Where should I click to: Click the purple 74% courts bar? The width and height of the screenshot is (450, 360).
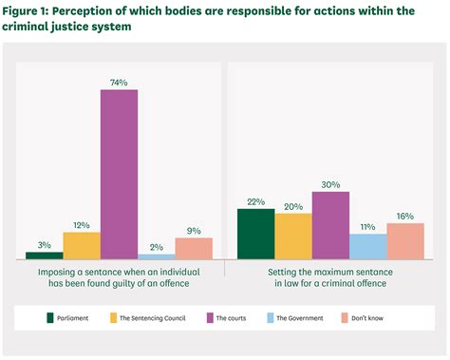(120, 174)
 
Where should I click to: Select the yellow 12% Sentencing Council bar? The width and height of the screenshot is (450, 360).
(82, 245)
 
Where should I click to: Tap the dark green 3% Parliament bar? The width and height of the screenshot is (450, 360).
(45, 255)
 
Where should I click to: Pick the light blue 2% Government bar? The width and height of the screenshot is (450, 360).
(157, 256)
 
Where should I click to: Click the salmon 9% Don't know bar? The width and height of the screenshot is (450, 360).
(194, 248)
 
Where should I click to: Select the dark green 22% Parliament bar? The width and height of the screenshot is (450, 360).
(256, 234)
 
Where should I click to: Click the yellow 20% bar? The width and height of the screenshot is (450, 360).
(293, 236)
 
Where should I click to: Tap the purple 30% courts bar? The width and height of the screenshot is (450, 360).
(330, 225)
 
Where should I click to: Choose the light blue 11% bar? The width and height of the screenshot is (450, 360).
(367, 246)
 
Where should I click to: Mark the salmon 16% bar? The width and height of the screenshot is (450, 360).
(405, 240)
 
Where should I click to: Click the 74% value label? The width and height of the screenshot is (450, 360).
(120, 82)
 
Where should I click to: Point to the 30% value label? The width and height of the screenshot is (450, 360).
(330, 184)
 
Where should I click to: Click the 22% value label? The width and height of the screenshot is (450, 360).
(256, 201)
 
